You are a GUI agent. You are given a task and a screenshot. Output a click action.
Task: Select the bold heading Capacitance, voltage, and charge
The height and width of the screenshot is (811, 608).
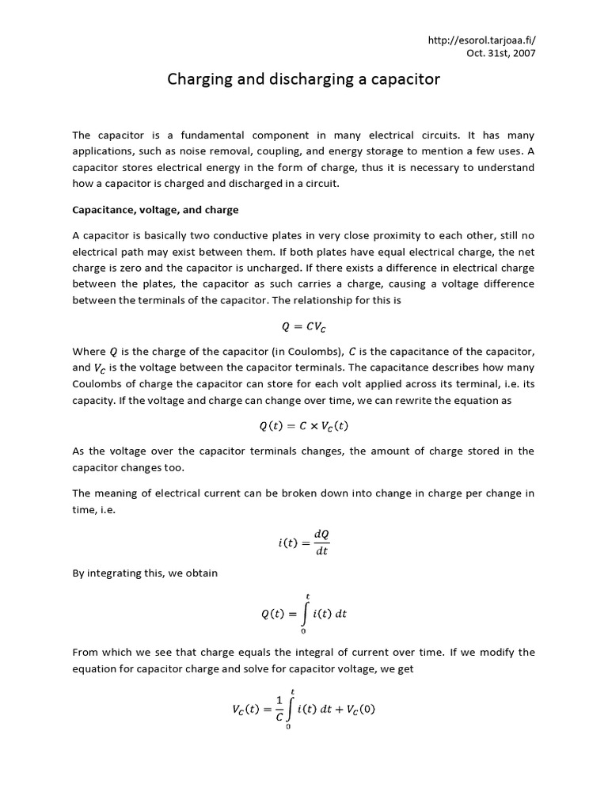click(155, 210)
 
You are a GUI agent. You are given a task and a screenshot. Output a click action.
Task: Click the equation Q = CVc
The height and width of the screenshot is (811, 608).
click(303, 326)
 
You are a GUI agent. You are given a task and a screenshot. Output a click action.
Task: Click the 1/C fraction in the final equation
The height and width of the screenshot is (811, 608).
click(279, 709)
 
